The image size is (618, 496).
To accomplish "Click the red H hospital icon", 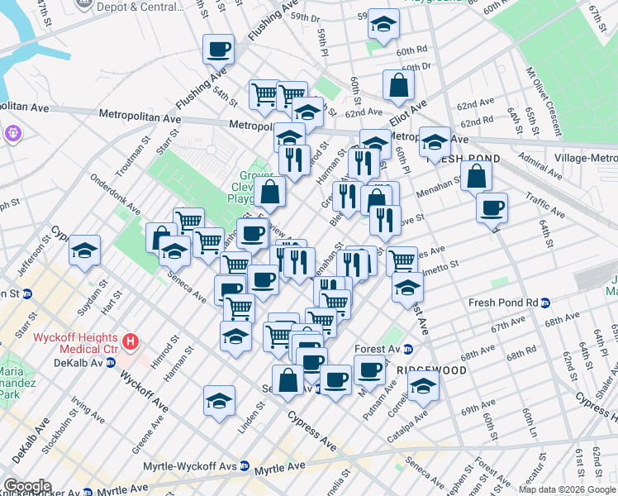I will point(130,341).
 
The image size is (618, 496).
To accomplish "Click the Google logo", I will point(27,486).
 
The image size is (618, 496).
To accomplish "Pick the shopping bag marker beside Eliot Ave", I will point(398,84).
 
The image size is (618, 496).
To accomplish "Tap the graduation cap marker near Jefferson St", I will point(84,250).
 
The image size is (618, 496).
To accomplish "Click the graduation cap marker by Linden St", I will point(218,400).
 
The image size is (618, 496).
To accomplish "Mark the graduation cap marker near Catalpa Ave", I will point(423,386).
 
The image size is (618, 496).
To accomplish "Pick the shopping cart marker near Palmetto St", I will point(402,260).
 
